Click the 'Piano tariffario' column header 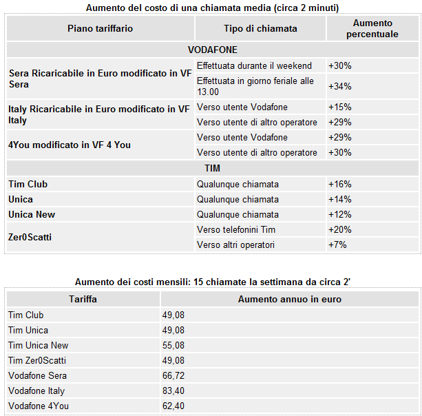point(100,28)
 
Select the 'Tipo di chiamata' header point(260,28)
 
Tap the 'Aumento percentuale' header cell point(372,28)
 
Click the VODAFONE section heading point(213,50)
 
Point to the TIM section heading point(213,168)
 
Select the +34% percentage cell point(340,86)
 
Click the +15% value point(340,107)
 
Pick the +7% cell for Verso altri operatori point(337,245)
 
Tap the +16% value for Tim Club point(340,185)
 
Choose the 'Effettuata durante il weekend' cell point(254,66)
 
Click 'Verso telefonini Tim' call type point(240,230)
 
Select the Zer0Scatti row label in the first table point(30,237)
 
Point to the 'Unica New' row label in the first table point(32,215)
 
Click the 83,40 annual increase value point(173,391)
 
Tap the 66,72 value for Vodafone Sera point(173,376)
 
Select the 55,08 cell point(173,346)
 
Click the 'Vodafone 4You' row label point(39,406)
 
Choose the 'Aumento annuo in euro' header point(289,300)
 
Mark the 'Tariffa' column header point(83,300)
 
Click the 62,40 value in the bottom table point(173,406)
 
